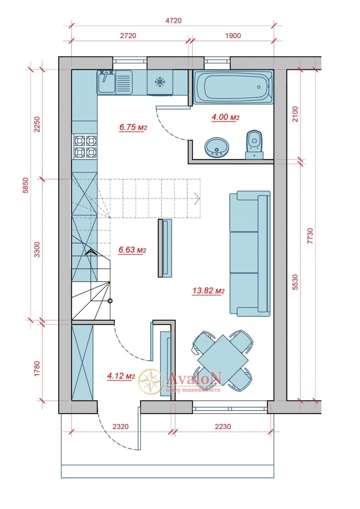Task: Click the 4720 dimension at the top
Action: tap(173, 21)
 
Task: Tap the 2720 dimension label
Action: tap(128, 36)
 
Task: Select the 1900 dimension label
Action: tap(233, 36)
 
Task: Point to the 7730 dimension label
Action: tap(310, 236)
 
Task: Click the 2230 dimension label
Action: tap(223, 426)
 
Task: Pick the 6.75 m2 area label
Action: tap(133, 127)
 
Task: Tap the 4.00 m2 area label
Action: tap(225, 117)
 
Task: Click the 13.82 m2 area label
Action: tap(208, 290)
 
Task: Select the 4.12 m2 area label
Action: tap(121, 376)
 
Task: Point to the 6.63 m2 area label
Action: tap(132, 250)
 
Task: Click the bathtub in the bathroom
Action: tap(233, 87)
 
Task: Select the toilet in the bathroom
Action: tap(254, 144)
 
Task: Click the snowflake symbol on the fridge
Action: tap(160, 82)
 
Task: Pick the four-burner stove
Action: tap(85, 147)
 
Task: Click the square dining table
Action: tap(223, 360)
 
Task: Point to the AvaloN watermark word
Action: tap(194, 378)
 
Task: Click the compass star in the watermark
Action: tap(151, 381)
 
